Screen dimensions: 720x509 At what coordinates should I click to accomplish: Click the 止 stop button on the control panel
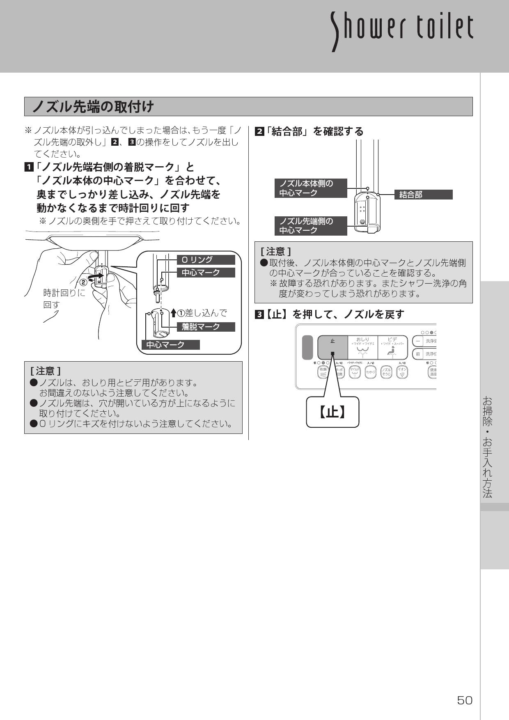point(332,347)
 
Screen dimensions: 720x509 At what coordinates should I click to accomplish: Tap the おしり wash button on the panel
point(362,347)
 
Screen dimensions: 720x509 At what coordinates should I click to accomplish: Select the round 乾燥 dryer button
point(323,372)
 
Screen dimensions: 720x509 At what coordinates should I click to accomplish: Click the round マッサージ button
point(371,372)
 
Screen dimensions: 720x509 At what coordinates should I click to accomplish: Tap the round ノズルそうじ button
point(386,372)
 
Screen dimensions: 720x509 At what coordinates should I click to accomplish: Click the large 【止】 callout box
point(332,412)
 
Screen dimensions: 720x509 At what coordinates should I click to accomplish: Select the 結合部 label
point(423,195)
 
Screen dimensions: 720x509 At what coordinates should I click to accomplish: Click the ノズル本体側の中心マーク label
point(311,188)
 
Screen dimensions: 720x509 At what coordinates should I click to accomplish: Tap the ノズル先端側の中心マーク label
point(311,226)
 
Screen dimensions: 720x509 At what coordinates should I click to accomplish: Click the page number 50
point(465,700)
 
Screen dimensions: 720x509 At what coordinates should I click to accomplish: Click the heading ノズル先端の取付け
point(93,107)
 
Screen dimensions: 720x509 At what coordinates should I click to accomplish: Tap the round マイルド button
point(355,372)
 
